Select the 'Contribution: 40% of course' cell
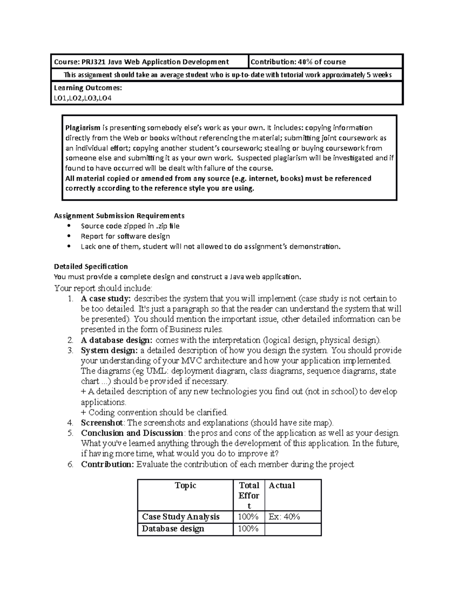point(298,62)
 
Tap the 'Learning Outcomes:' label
point(88,88)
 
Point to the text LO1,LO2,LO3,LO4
point(83,98)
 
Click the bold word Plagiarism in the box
point(83,128)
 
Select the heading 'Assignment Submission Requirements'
point(119,216)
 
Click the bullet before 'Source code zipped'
point(69,226)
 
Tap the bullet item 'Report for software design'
point(125,236)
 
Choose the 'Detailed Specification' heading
point(91,266)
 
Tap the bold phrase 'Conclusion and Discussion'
point(132,433)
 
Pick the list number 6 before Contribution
point(70,464)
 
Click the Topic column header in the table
point(185,485)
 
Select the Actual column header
point(282,485)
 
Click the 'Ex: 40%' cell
point(284,517)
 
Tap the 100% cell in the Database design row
point(248,529)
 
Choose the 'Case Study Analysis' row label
point(181,517)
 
